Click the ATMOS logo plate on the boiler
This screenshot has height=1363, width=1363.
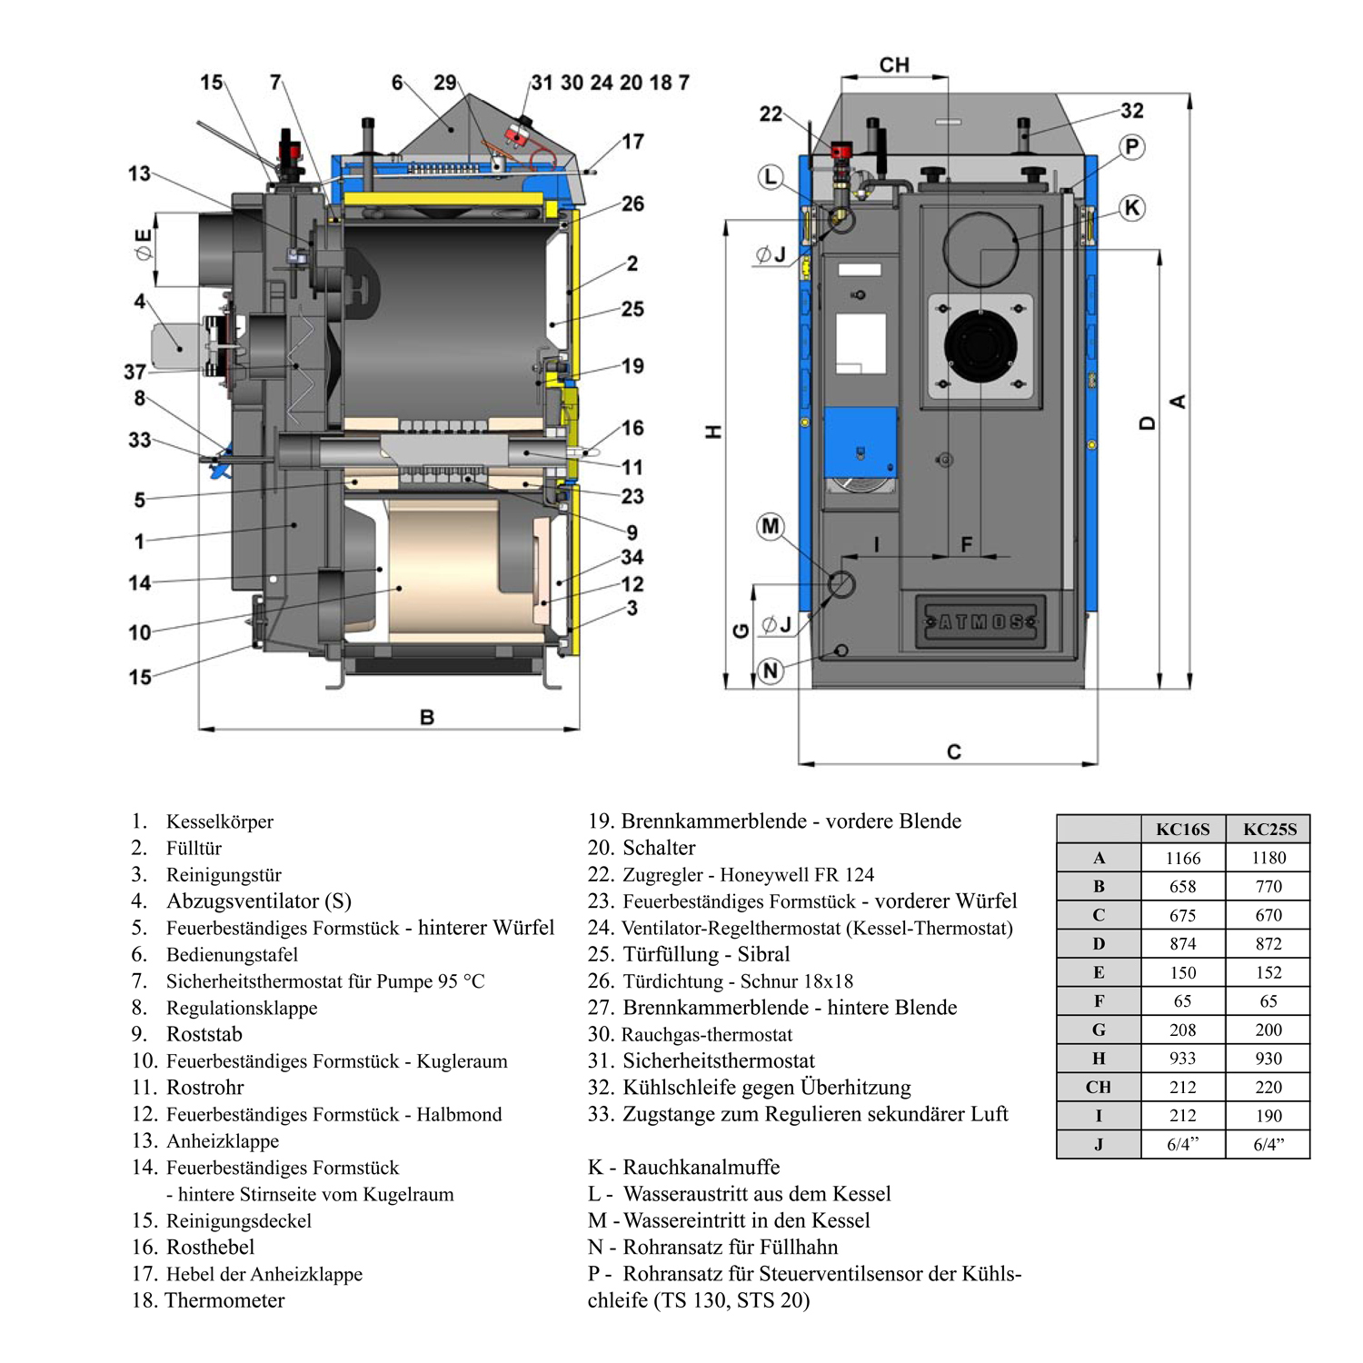pos(980,622)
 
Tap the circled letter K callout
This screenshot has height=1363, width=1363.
pos(1131,208)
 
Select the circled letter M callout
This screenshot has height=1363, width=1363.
pos(771,526)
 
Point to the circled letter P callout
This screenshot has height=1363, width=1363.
pos(1131,146)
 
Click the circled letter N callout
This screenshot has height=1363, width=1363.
pos(771,672)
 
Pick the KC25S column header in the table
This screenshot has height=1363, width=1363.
pos(1269,829)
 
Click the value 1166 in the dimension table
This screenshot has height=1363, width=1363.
pos(1182,858)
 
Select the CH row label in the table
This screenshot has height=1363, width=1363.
pos(1098,1087)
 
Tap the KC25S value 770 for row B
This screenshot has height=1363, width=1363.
pos(1268,886)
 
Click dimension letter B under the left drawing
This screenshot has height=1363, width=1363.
pos(427,717)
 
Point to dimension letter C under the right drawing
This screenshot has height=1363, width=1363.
pos(953,751)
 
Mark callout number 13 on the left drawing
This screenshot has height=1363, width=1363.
pos(139,174)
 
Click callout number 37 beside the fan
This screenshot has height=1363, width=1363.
pos(134,372)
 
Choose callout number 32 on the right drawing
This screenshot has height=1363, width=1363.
pos(1131,111)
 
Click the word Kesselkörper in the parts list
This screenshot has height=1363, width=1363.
pos(220,821)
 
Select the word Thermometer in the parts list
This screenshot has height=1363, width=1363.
pos(224,1300)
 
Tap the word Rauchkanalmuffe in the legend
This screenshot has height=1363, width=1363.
pos(701,1167)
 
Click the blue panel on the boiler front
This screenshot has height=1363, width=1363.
pos(860,442)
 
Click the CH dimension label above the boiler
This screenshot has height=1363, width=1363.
pos(894,65)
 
